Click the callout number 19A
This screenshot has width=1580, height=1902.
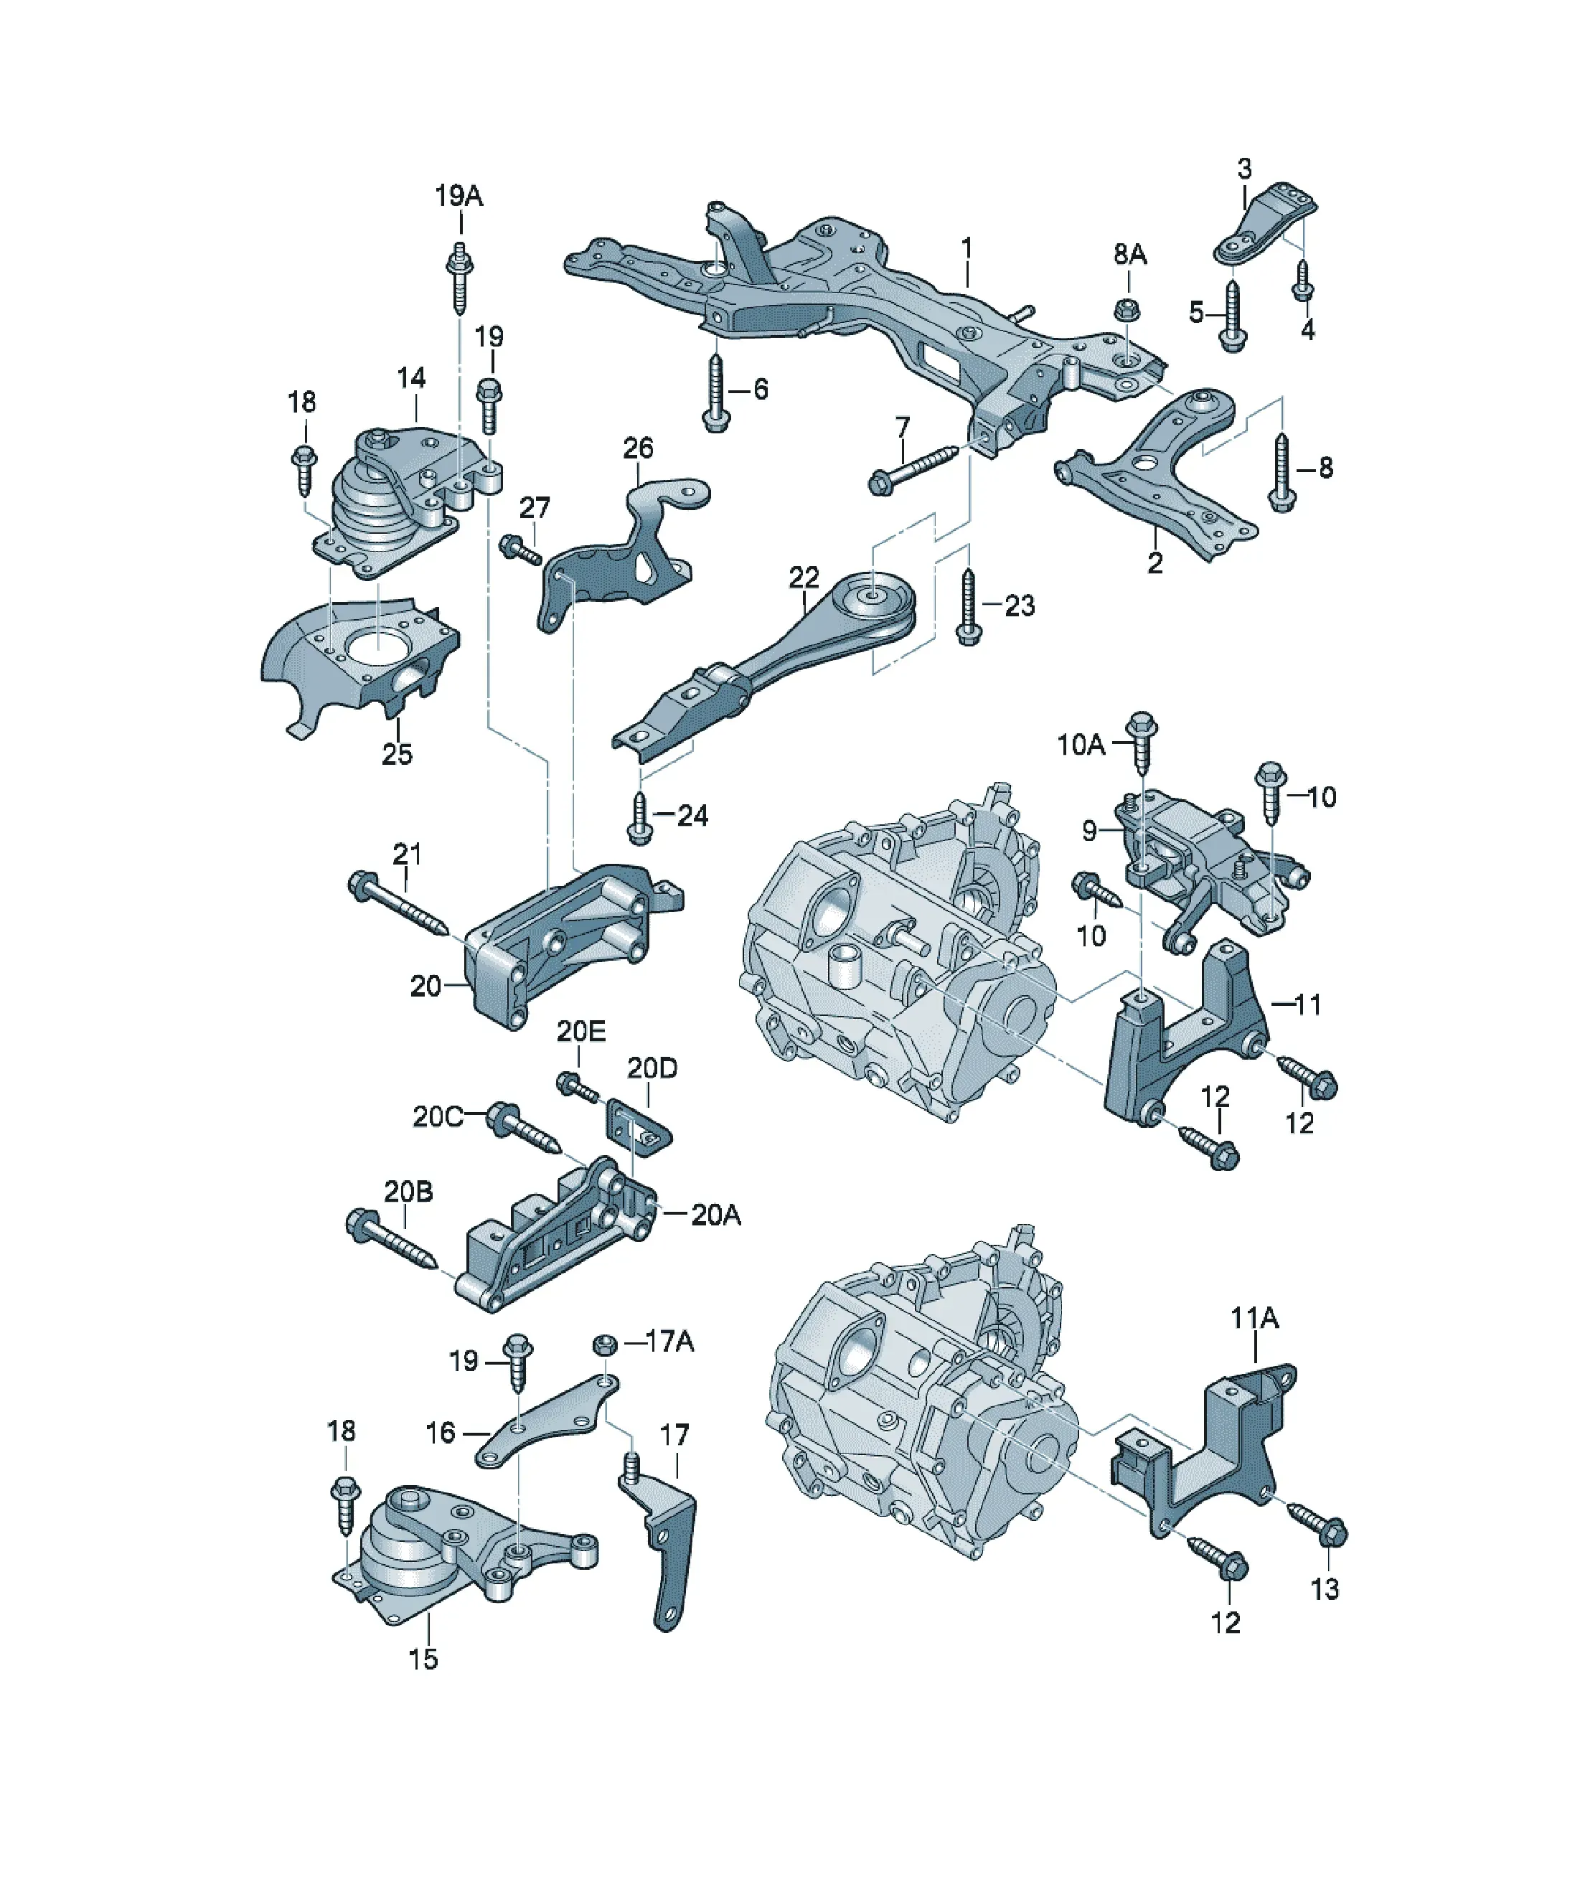[x=459, y=196]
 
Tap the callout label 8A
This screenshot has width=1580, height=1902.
[x=1129, y=255]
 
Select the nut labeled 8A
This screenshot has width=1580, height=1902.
[x=1126, y=308]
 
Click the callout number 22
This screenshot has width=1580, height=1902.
[x=804, y=577]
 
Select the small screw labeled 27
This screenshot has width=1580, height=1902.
[x=520, y=549]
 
